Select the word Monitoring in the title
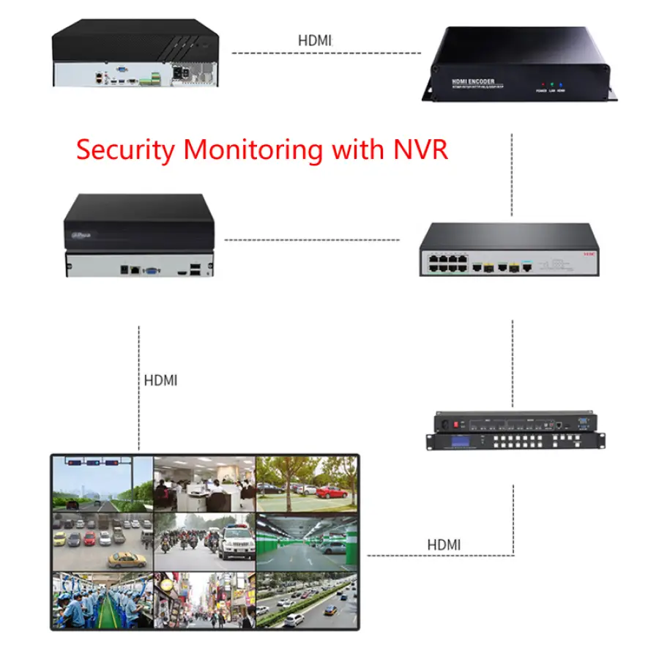(253, 149)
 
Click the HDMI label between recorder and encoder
(314, 40)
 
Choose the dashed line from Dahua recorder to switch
(311, 239)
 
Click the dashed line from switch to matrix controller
(512, 359)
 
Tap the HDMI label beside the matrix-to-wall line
(444, 545)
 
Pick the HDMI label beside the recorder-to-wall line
(160, 381)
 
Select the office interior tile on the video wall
(204, 483)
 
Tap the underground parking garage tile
(307, 542)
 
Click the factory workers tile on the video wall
(102, 600)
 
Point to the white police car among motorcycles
(234, 546)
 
